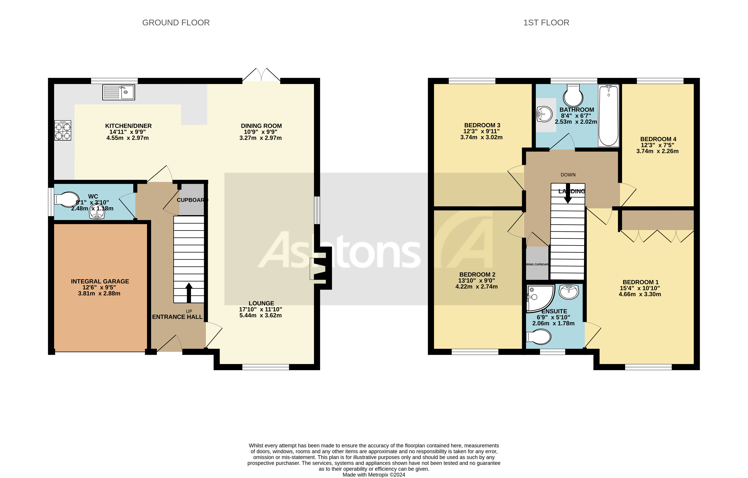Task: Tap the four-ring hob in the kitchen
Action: [63, 131]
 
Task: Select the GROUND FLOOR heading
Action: [176, 23]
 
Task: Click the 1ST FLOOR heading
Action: [546, 23]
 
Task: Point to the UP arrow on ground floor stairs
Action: [189, 292]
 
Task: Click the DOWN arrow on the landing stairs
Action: [568, 196]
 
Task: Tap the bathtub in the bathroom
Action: [609, 116]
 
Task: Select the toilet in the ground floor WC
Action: [67, 199]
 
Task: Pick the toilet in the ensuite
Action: [538, 337]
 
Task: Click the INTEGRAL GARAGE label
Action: [100, 281]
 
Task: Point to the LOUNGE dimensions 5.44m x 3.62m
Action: [261, 315]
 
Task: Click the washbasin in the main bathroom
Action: [544, 114]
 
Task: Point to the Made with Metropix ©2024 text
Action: [374, 475]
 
